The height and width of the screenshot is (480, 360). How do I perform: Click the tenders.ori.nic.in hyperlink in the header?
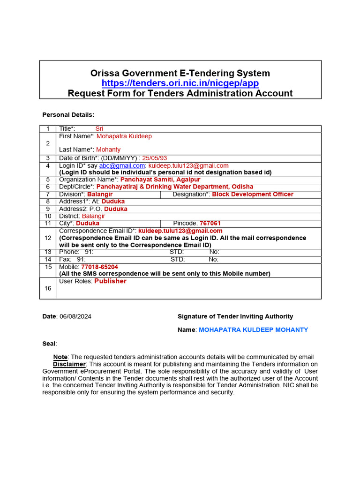point(180,83)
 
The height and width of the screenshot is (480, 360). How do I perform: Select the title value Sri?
point(99,128)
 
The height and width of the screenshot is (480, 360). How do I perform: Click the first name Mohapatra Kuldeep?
point(124,136)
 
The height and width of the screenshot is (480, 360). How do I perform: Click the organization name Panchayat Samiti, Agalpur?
point(160,180)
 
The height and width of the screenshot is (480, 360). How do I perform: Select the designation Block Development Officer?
point(253,194)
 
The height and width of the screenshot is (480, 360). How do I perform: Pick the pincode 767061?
point(210,223)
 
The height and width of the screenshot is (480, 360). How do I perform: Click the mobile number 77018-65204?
point(99,267)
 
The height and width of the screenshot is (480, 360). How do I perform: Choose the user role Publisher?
point(110,281)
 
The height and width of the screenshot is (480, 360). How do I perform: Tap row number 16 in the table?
point(48,288)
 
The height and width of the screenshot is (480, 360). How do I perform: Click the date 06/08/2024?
point(76,316)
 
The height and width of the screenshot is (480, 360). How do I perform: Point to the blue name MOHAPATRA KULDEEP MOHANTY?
point(254,330)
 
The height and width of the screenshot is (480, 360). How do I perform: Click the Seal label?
point(49,344)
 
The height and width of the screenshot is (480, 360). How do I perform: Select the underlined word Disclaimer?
point(69,364)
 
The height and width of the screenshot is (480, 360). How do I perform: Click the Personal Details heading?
point(68,115)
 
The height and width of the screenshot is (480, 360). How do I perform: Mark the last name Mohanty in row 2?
point(108,150)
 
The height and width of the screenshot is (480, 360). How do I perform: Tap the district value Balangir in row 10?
point(94,216)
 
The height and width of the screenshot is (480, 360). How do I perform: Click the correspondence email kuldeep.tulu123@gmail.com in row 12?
point(180,231)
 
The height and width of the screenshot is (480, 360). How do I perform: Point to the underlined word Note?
point(60,357)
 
